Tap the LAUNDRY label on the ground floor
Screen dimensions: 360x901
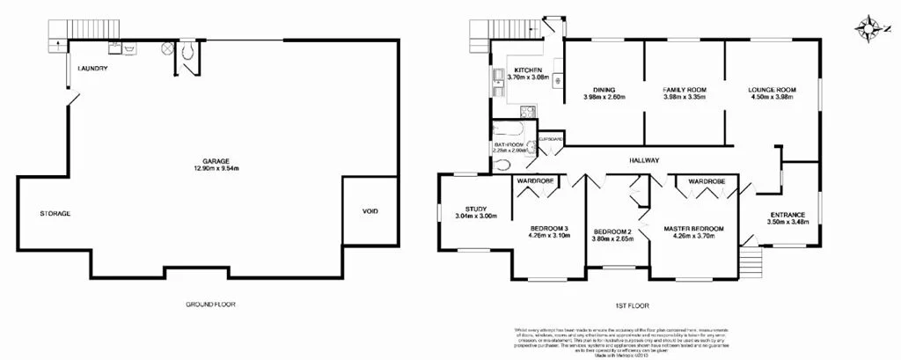coord(92,70)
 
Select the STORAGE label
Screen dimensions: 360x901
coord(55,214)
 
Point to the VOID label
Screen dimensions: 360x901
coord(370,212)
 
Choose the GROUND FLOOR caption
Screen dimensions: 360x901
coord(210,304)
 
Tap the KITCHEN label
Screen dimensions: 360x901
coord(528,70)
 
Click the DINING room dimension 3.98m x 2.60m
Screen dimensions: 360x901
coord(603,97)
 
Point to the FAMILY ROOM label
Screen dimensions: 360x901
coord(685,89)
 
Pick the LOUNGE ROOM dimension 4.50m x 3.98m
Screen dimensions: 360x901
coord(771,97)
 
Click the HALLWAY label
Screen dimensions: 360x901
coord(644,159)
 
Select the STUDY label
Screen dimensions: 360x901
coord(477,209)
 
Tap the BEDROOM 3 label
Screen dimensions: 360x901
coord(547,229)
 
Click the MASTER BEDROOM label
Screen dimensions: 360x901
coord(693,229)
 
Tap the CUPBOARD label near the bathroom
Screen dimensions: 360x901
coord(550,138)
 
